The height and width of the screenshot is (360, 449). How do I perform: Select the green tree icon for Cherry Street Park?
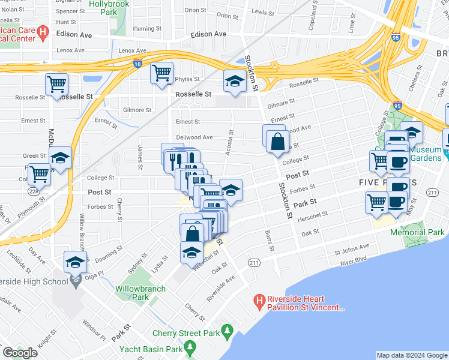[227, 330]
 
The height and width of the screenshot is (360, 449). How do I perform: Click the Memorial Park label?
[417, 232]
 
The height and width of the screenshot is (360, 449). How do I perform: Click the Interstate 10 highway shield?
[137, 64]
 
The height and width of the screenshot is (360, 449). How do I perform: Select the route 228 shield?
[33, 191]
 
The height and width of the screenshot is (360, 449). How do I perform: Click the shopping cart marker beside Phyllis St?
[161, 73]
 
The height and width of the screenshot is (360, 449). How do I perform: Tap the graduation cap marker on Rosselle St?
[234, 82]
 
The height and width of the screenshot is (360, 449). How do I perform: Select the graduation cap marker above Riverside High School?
[75, 262]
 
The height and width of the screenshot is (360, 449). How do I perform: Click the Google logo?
[20, 352]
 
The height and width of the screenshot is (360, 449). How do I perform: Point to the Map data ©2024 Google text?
[411, 355]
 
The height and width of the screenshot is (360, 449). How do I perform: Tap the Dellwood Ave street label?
[194, 137]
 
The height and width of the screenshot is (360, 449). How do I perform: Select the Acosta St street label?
[229, 145]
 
